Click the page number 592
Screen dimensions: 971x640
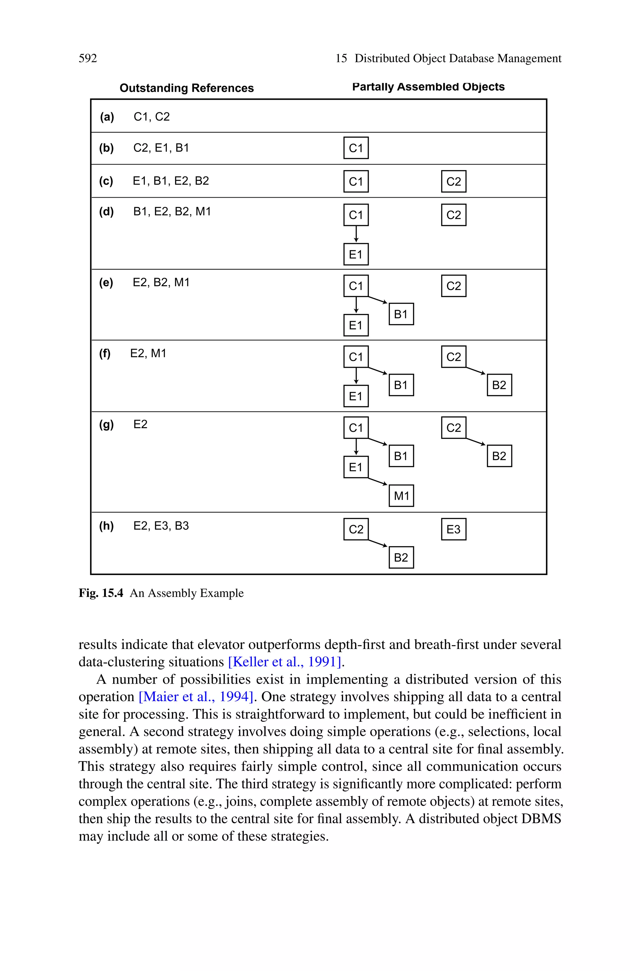tap(88, 58)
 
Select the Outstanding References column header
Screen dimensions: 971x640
tap(187, 88)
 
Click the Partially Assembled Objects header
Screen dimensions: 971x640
tap(428, 87)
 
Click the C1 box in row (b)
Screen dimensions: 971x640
tap(356, 148)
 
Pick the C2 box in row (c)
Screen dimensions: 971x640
tap(453, 181)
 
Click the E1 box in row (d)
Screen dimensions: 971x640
tap(356, 254)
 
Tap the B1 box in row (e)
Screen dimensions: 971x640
tap(401, 314)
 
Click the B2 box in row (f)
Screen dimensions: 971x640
tap(499, 385)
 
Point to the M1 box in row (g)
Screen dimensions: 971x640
tap(401, 496)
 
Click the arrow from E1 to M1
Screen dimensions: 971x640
tap(377, 481)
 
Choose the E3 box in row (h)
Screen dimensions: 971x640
tap(453, 529)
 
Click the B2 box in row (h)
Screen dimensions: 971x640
tap(401, 557)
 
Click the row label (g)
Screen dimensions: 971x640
tap(106, 425)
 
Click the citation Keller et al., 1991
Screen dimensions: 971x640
tap(284, 661)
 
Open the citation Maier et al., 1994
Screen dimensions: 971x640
tap(196, 696)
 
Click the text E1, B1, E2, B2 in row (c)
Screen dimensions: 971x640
tap(171, 181)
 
